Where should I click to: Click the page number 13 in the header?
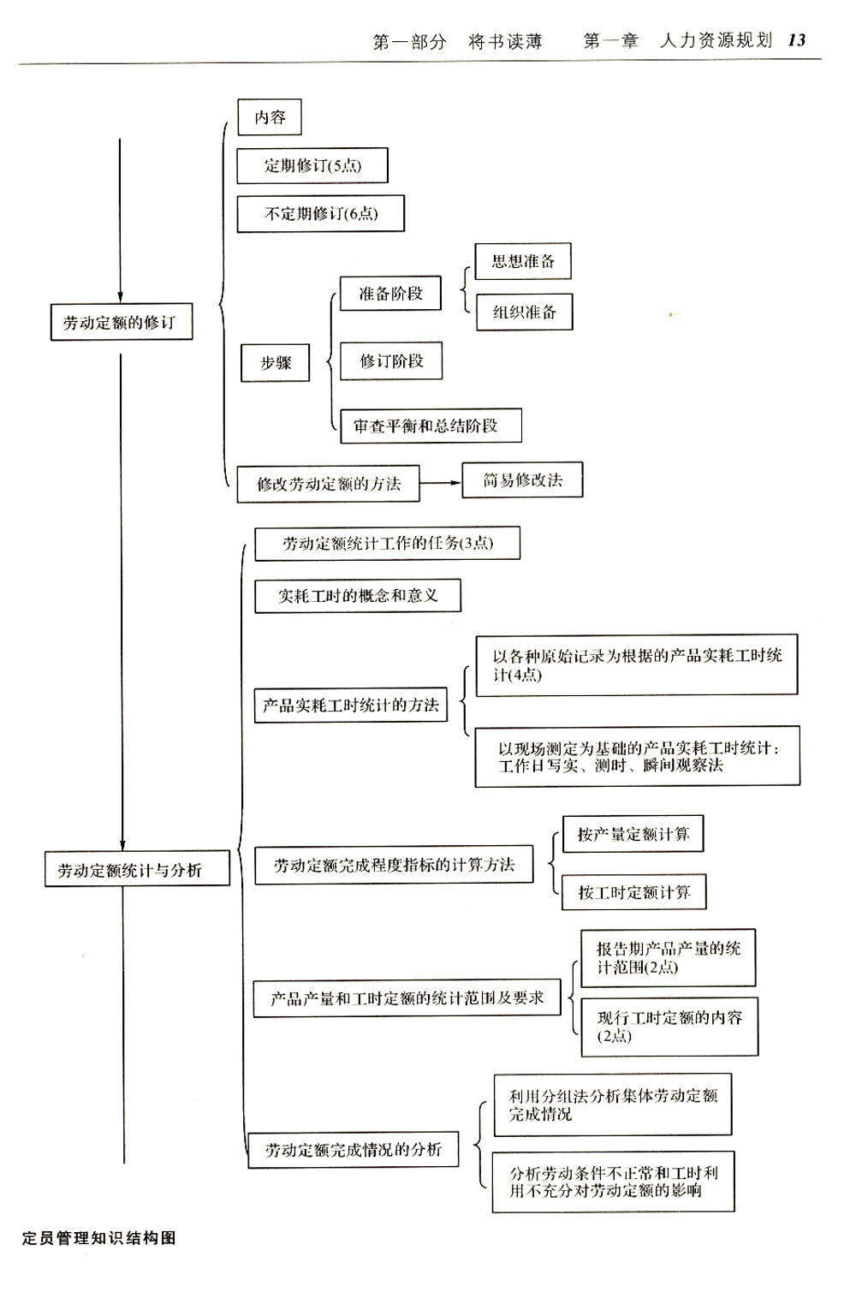click(797, 40)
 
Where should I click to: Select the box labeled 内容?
click(270, 117)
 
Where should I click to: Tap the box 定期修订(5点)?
click(312, 166)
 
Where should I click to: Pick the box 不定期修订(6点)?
click(320, 214)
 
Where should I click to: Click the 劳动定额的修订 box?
click(121, 322)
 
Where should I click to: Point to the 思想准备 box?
click(523, 261)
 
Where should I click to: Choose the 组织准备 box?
click(524, 312)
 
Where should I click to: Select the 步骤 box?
click(275, 363)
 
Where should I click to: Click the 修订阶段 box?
click(391, 360)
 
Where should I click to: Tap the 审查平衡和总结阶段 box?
click(431, 426)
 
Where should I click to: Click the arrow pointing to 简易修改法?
click(441, 483)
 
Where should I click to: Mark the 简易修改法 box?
click(522, 479)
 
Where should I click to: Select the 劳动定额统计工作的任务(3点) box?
click(388, 543)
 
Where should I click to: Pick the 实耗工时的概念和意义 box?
click(358, 595)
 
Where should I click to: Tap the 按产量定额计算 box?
click(633, 834)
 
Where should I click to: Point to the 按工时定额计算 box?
click(634, 892)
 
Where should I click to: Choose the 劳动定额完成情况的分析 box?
click(354, 1150)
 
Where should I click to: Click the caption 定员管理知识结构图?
click(99, 1238)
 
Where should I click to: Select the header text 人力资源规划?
click(716, 40)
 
